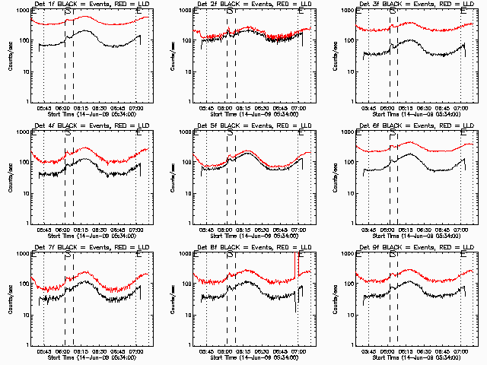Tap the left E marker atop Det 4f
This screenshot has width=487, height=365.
tap(34, 133)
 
